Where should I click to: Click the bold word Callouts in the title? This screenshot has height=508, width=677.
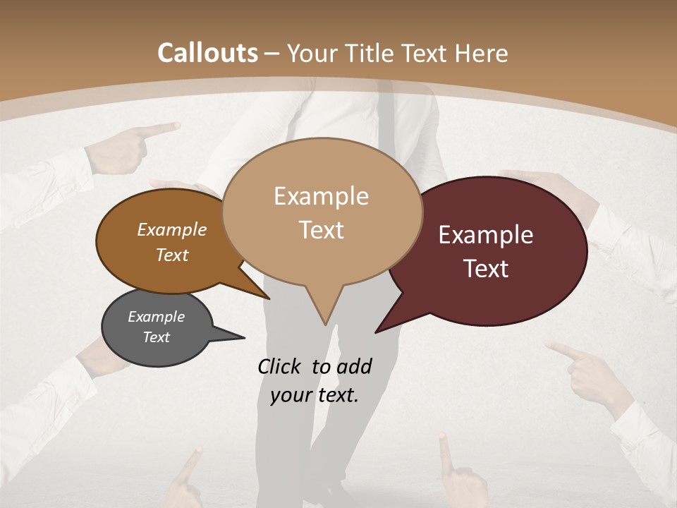coord(207,53)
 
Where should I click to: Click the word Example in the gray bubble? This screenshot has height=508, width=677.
coord(156,317)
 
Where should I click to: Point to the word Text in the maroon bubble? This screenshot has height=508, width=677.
coord(487,269)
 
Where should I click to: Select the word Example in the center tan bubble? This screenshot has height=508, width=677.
coord(321,195)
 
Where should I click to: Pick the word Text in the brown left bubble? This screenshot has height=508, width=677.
coord(172,255)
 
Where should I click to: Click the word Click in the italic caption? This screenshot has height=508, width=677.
coord(281,366)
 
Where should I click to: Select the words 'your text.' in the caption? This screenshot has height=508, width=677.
coord(315,395)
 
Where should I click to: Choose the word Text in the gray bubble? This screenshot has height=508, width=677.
coord(157,337)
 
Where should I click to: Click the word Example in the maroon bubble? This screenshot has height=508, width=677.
coord(486,235)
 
